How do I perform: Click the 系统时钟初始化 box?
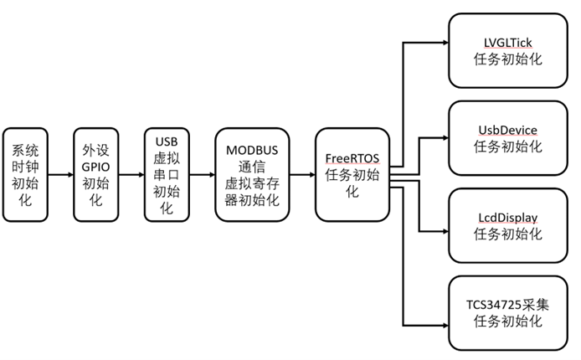click(24, 175)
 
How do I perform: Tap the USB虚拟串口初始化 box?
click(166, 175)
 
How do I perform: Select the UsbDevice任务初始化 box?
click(507, 137)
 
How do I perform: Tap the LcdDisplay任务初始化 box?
click(507, 225)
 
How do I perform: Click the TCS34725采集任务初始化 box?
click(507, 312)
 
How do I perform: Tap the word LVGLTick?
click(507, 41)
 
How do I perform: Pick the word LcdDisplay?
click(507, 217)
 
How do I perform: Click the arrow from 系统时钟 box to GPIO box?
click(59, 175)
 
